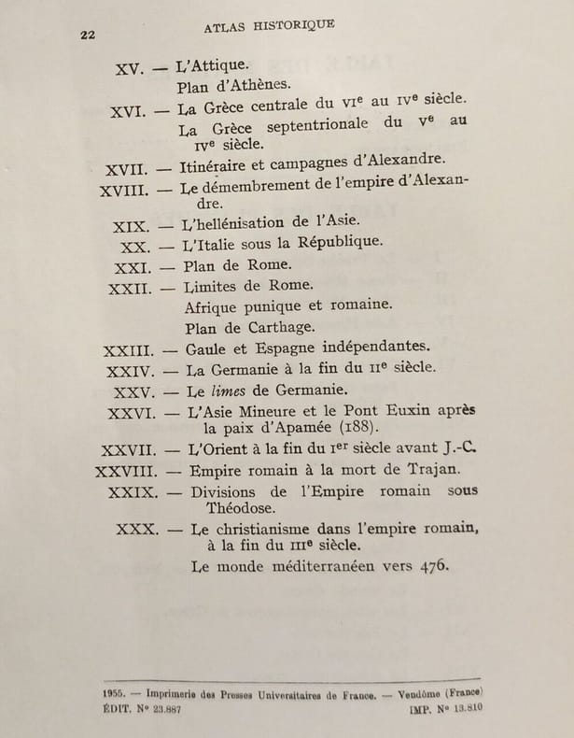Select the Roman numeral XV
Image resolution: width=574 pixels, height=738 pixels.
[x=127, y=69]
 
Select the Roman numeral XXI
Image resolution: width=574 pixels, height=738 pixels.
[x=133, y=266]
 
